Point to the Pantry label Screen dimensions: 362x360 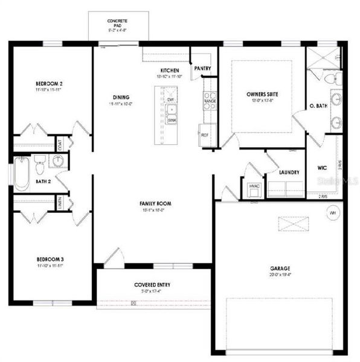pyautogui.click(x=202, y=69)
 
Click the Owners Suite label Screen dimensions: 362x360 pyautogui.click(x=262, y=94)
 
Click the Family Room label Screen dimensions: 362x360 pyautogui.click(x=153, y=203)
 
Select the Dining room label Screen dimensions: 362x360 pyautogui.click(x=121, y=97)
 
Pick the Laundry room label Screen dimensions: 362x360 pyautogui.click(x=289, y=173)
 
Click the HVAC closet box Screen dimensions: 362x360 pyautogui.click(x=254, y=186)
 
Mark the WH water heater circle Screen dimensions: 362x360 pyautogui.click(x=332, y=212)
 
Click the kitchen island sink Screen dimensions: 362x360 pyautogui.click(x=172, y=115)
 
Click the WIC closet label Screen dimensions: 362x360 pyautogui.click(x=322, y=168)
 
